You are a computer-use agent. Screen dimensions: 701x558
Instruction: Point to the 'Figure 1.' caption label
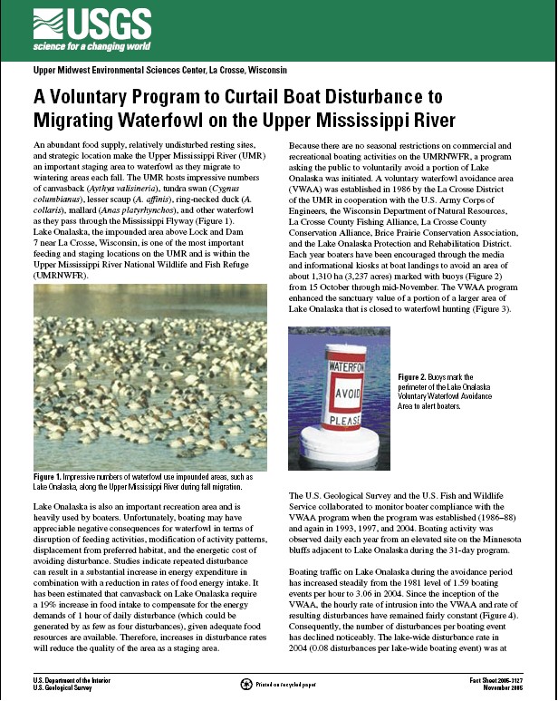51,475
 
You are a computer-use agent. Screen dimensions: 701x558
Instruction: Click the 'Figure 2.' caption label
416,375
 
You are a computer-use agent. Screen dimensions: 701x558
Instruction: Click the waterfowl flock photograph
149,375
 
